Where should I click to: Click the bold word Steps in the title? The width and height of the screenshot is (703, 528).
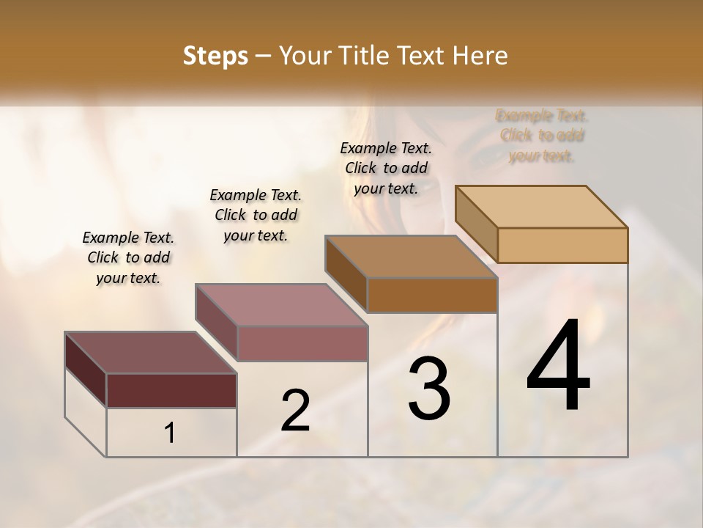click(215, 56)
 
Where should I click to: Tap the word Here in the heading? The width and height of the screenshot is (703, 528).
click(480, 56)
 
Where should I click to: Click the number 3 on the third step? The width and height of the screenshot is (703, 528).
click(429, 389)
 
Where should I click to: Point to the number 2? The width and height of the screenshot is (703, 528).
click(295, 411)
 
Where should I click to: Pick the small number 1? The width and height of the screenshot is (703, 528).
click(169, 433)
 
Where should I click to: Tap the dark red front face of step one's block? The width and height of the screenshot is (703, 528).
click(171, 390)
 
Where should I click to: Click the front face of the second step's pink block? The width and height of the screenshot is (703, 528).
click(302, 343)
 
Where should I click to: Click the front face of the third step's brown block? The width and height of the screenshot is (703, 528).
click(432, 295)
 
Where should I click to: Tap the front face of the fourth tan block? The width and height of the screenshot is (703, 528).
click(562, 245)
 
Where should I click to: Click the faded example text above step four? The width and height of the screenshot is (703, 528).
click(542, 136)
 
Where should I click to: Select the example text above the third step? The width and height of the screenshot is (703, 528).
click(386, 168)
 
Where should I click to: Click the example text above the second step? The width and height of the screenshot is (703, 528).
click(256, 215)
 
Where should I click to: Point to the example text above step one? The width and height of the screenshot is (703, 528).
click(128, 257)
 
